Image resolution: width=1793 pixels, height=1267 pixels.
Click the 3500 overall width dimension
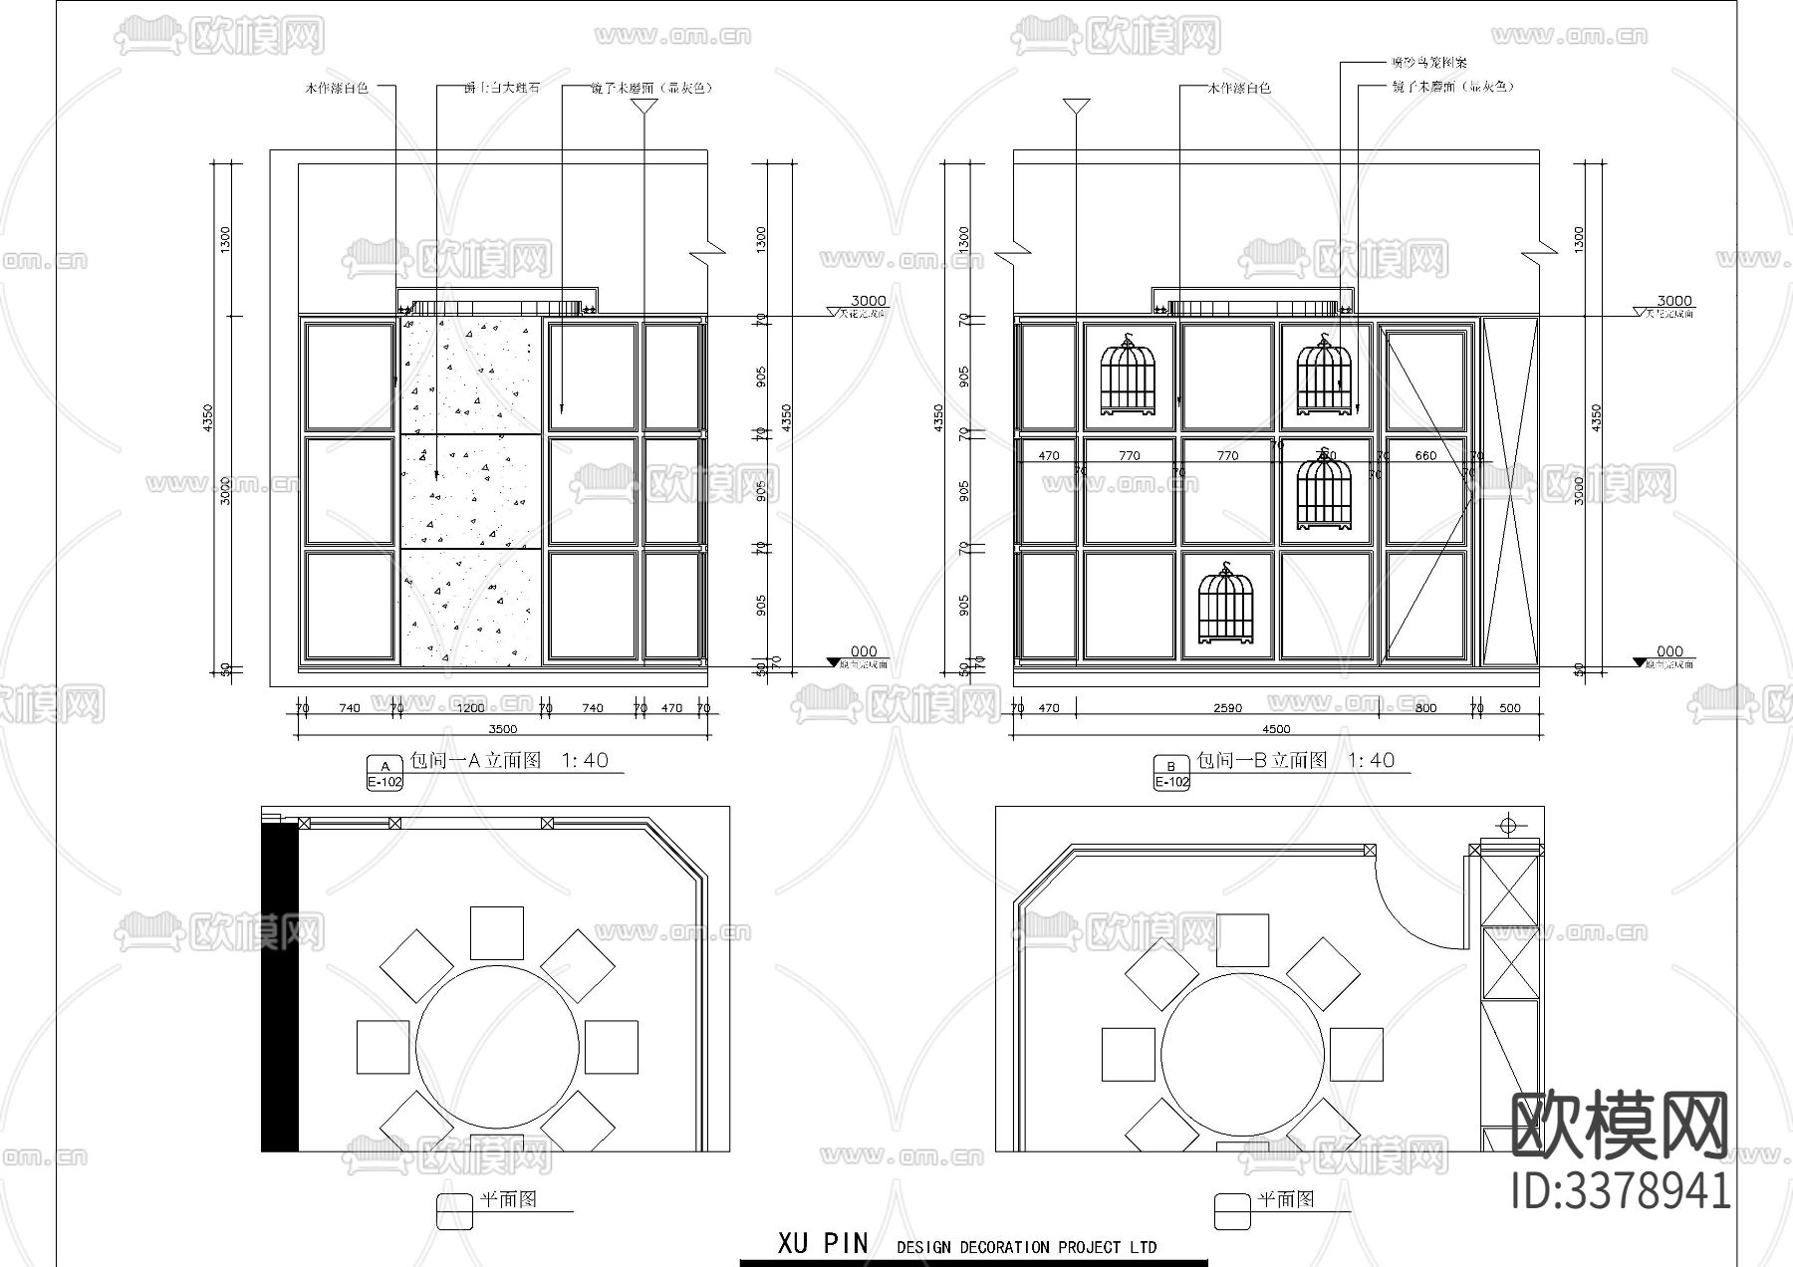tap(503, 728)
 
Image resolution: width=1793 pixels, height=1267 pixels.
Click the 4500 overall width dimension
tap(1276, 728)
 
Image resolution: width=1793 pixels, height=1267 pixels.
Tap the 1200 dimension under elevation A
tap(470, 708)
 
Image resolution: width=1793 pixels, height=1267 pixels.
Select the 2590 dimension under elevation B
tap(1227, 708)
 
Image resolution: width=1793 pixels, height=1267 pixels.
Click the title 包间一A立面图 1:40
tap(510, 760)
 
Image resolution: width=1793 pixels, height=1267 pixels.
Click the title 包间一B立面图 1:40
tap(1295, 760)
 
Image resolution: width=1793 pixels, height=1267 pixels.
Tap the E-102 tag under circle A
tap(384, 783)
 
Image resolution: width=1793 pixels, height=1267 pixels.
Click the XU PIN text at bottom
tap(823, 1243)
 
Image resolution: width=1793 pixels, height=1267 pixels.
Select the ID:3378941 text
tap(1621, 1190)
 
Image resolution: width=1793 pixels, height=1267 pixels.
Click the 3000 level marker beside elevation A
tap(868, 301)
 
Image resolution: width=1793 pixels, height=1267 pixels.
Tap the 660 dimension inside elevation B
tap(1425, 455)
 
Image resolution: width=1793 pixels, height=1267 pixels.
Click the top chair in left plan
tap(496, 932)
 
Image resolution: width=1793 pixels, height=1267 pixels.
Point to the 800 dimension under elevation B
tap(1425, 708)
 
